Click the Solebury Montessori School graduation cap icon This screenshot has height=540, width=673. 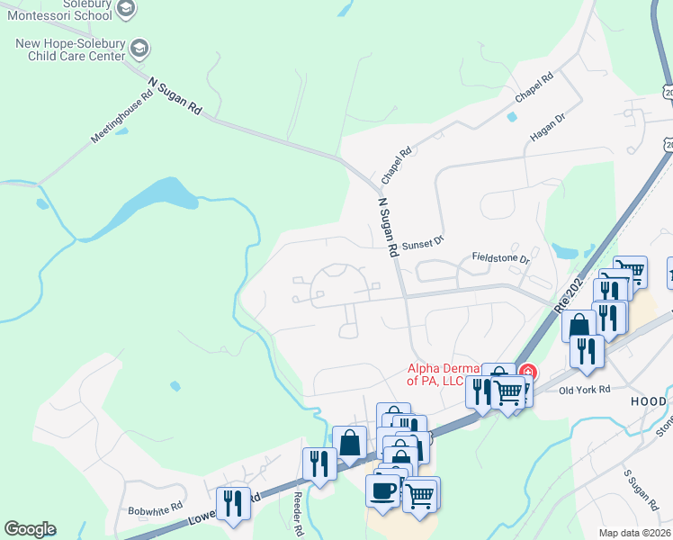(x=126, y=9)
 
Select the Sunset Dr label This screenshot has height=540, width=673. (x=423, y=242)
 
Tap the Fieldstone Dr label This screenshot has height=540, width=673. (x=501, y=258)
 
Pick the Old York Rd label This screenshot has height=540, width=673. (x=584, y=390)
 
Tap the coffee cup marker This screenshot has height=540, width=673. (x=382, y=490)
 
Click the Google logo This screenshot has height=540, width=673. (x=30, y=529)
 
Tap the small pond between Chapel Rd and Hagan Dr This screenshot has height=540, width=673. (x=512, y=117)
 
